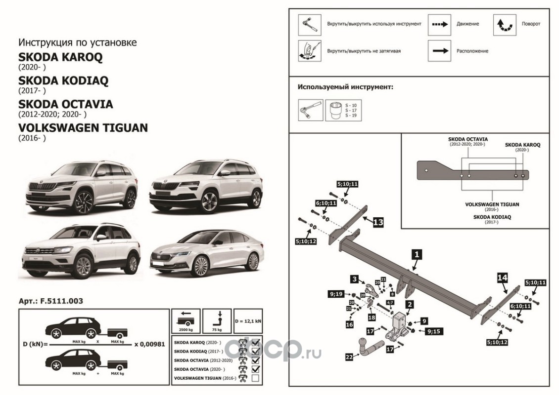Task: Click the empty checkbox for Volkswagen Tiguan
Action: coord(255,378)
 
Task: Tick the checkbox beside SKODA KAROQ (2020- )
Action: coord(255,341)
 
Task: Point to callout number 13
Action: coord(377,223)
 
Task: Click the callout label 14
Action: coord(502,278)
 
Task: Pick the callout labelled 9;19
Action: coord(335,295)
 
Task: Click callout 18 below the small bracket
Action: coord(371,317)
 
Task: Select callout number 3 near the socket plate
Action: coord(355,279)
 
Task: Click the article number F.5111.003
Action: coord(50,300)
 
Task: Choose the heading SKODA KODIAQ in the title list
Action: coord(63,80)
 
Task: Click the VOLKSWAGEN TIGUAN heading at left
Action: coord(83,128)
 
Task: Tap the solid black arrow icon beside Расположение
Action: coord(439,51)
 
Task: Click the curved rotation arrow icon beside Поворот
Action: coord(505,24)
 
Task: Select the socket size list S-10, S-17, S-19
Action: coord(351,111)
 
